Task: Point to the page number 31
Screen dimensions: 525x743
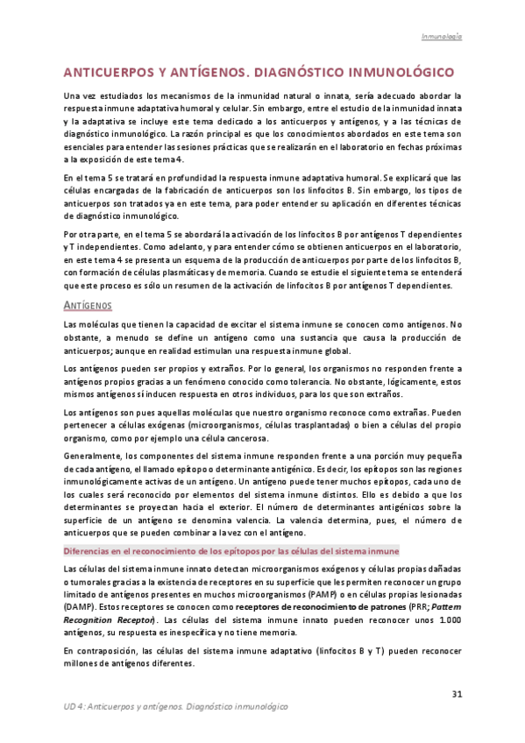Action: [456, 695]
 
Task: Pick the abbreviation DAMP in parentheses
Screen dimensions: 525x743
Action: [82, 607]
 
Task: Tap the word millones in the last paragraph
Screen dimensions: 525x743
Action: [83, 663]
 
